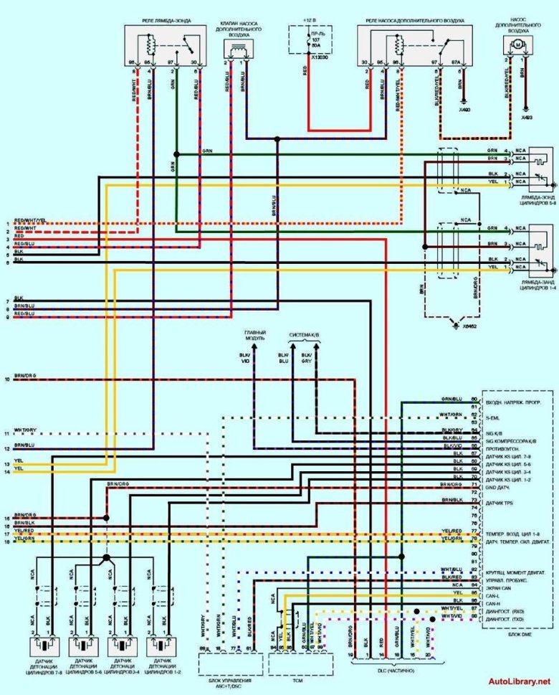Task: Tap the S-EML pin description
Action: tap(492, 415)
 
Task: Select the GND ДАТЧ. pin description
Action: tap(498, 485)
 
